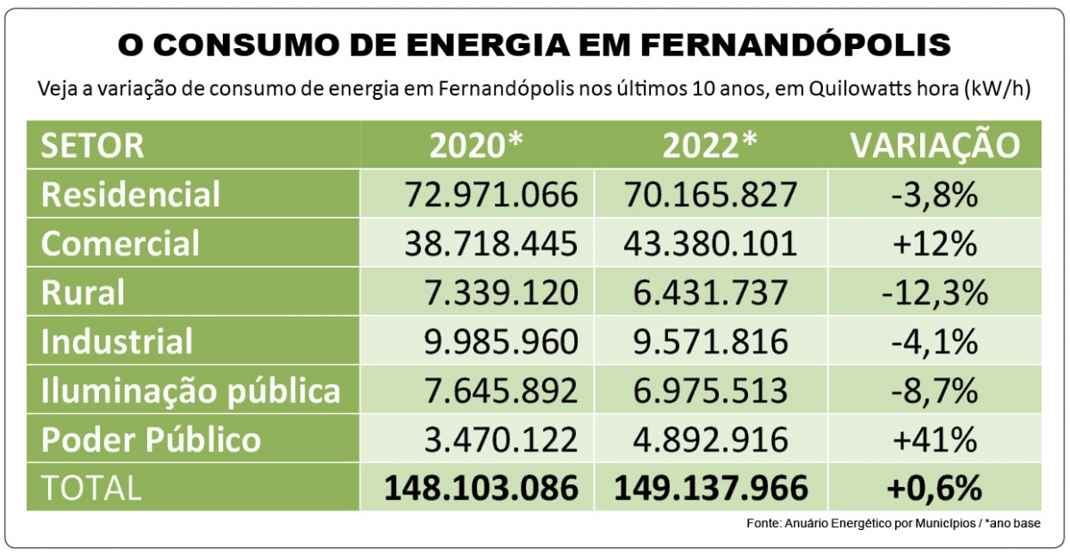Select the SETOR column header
point(94,145)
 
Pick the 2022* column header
point(712,145)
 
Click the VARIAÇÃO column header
point(934,145)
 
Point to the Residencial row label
point(131,194)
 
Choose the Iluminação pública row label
point(191,390)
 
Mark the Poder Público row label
point(152,439)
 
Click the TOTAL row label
point(91,487)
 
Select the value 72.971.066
point(490,194)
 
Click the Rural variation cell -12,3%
point(934,292)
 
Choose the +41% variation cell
point(934,439)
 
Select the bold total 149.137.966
point(712,487)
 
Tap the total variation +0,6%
point(934,487)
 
